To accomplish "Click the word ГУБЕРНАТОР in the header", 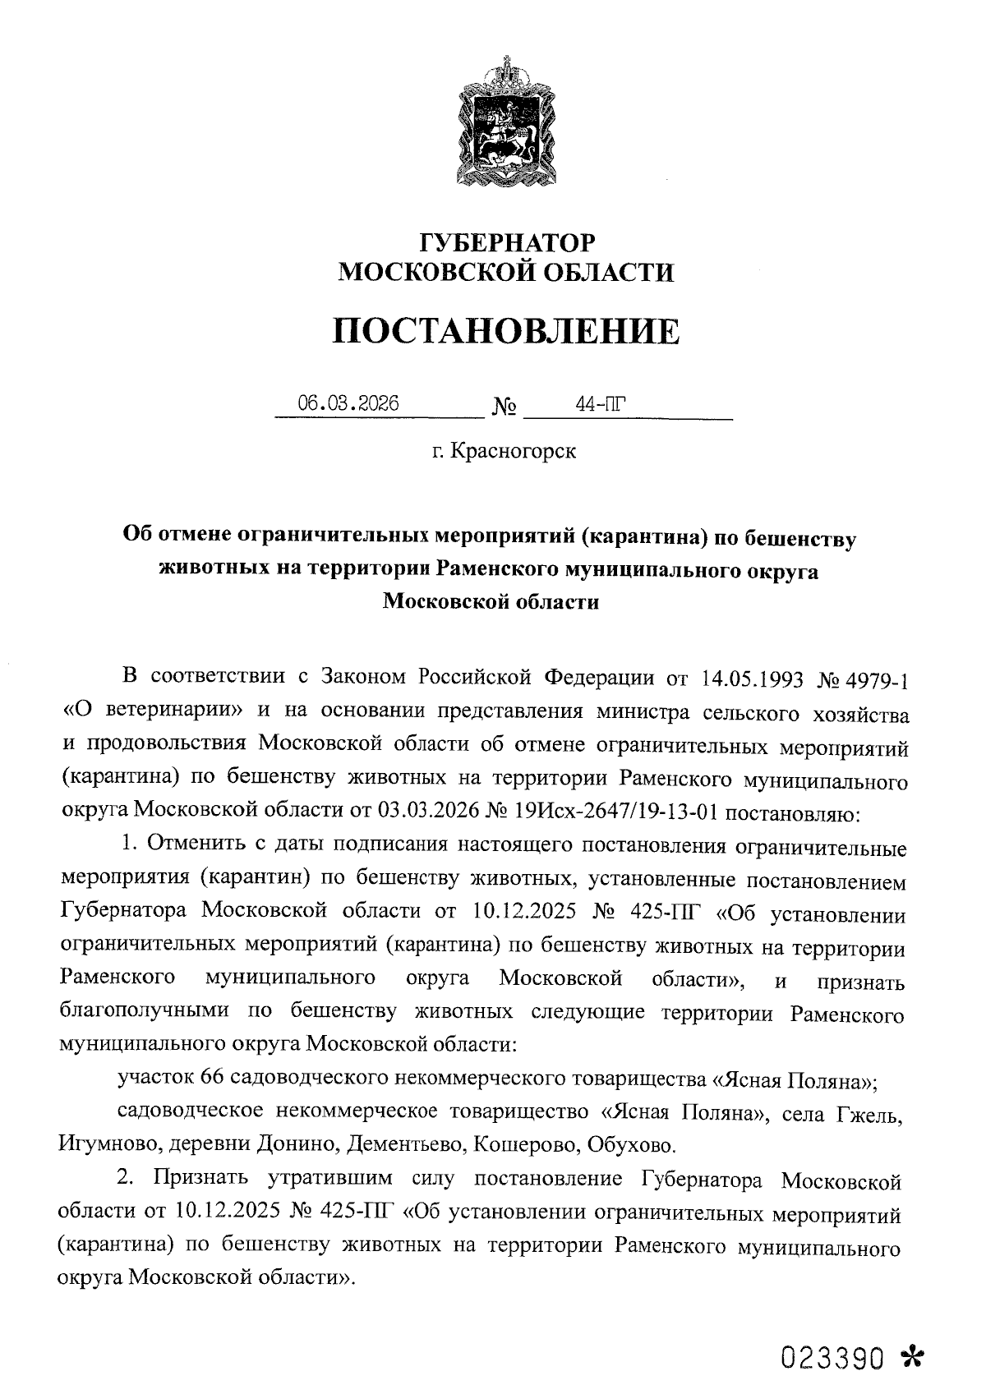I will click(506, 243).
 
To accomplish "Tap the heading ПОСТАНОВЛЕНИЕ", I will click(506, 331).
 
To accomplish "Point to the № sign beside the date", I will click(505, 407).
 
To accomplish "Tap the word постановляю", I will click(793, 813).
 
